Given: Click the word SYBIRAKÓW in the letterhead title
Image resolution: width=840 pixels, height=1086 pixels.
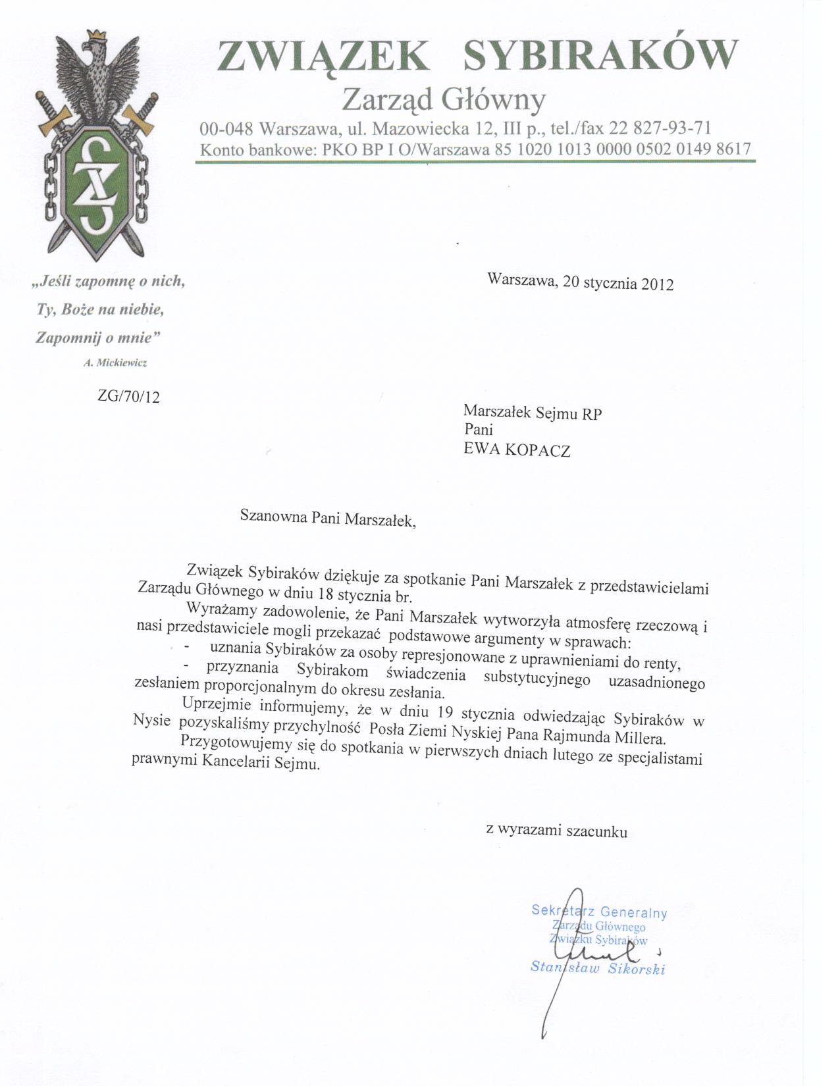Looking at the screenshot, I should (600, 55).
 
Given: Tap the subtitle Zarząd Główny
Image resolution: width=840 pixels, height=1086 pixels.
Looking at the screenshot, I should (445, 99).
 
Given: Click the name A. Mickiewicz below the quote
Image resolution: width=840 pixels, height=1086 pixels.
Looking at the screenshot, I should (115, 362).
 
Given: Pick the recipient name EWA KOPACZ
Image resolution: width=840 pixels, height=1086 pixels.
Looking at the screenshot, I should (517, 451).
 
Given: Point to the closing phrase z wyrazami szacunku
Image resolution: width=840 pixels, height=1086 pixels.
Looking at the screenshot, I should (557, 831).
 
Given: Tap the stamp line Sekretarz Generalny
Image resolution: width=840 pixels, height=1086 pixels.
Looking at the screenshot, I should (599, 912).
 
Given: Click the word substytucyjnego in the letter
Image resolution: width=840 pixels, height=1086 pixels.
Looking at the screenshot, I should (537, 678).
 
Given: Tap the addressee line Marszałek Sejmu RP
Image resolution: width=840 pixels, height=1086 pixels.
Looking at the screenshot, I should (533, 413).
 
